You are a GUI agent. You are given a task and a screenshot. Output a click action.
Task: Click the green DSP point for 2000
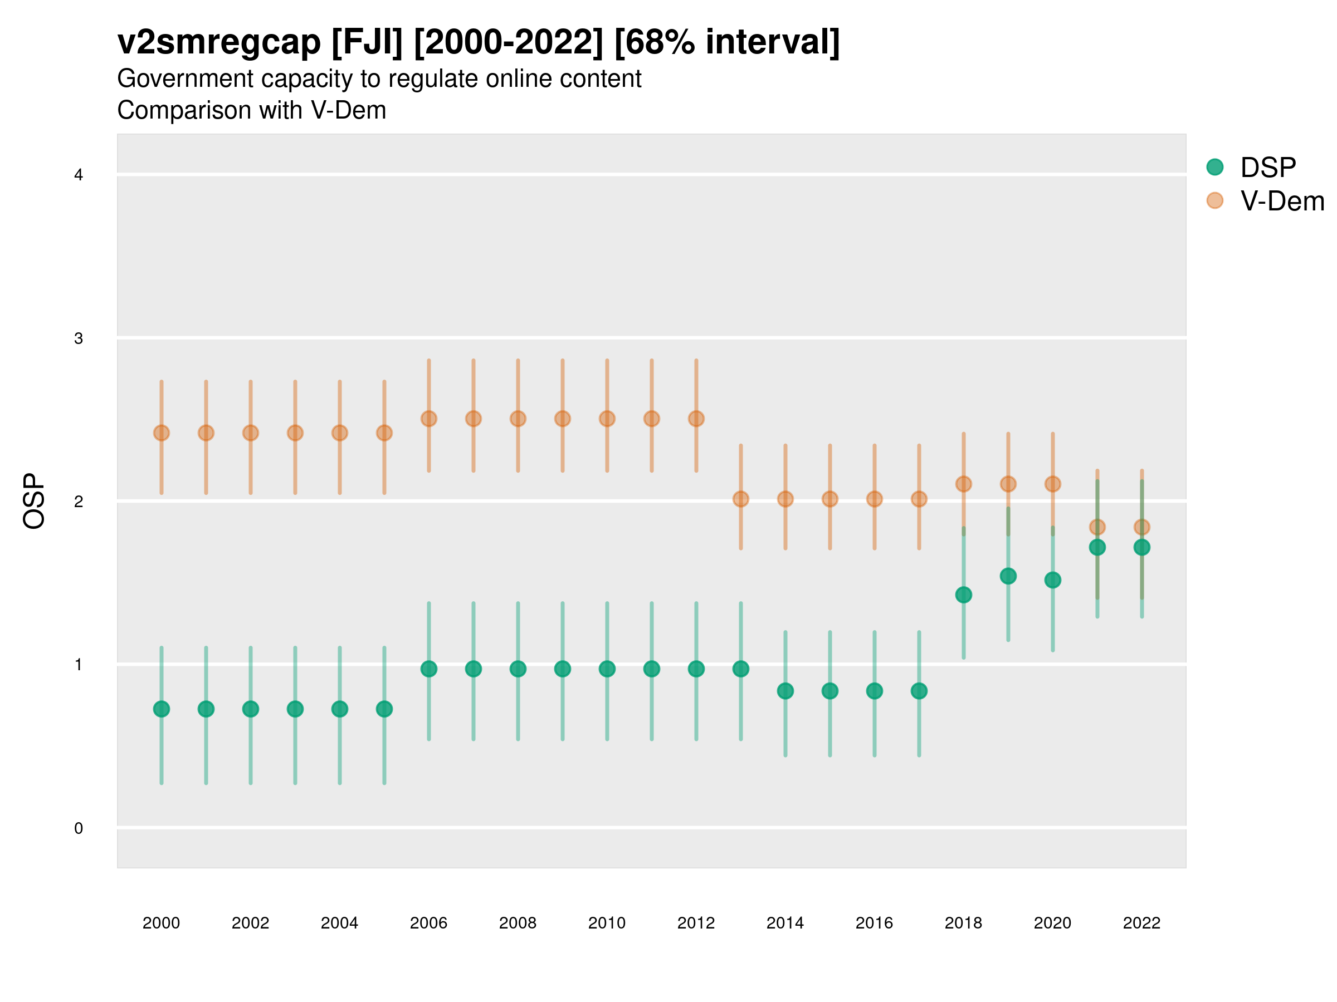[162, 709]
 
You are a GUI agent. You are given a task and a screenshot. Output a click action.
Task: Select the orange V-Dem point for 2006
[428, 419]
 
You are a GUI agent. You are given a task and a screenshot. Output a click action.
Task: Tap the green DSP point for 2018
[963, 595]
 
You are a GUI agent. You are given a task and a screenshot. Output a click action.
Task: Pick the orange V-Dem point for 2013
[740, 499]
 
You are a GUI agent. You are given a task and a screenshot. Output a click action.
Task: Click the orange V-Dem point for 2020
[1052, 484]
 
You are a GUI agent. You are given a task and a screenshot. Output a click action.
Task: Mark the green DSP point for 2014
[785, 690]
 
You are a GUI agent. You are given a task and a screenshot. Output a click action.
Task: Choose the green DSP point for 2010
[607, 669]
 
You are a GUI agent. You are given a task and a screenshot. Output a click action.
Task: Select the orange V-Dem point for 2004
[340, 433]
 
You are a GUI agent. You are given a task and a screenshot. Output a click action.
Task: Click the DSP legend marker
[1214, 168]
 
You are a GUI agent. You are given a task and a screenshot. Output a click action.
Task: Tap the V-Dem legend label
[1282, 201]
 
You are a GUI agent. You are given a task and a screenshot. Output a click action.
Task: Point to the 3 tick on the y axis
[79, 338]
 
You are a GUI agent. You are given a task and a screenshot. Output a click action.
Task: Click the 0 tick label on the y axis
[79, 828]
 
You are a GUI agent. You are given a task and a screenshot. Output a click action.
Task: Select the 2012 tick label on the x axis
[696, 923]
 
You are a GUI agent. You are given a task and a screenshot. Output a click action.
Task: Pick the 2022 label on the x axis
[1141, 923]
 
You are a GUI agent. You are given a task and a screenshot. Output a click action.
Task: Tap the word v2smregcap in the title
[219, 42]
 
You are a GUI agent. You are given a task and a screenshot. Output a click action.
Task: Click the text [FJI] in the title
[367, 42]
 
